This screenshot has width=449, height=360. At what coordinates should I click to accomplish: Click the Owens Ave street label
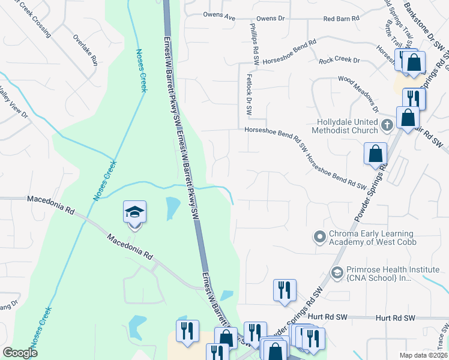point(219,17)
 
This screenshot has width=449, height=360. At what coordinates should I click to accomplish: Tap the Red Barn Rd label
point(340,19)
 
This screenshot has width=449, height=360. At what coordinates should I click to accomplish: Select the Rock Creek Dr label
point(339,61)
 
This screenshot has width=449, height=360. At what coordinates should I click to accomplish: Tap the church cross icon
point(387,125)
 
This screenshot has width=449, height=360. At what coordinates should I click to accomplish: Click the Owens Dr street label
point(270,19)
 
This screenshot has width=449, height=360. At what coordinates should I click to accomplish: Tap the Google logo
point(20,353)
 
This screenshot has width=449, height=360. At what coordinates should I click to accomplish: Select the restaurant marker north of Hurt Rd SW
point(284,290)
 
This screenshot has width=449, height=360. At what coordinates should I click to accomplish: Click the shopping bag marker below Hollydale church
point(375,153)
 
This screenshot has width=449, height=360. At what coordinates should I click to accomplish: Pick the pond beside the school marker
point(172,208)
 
